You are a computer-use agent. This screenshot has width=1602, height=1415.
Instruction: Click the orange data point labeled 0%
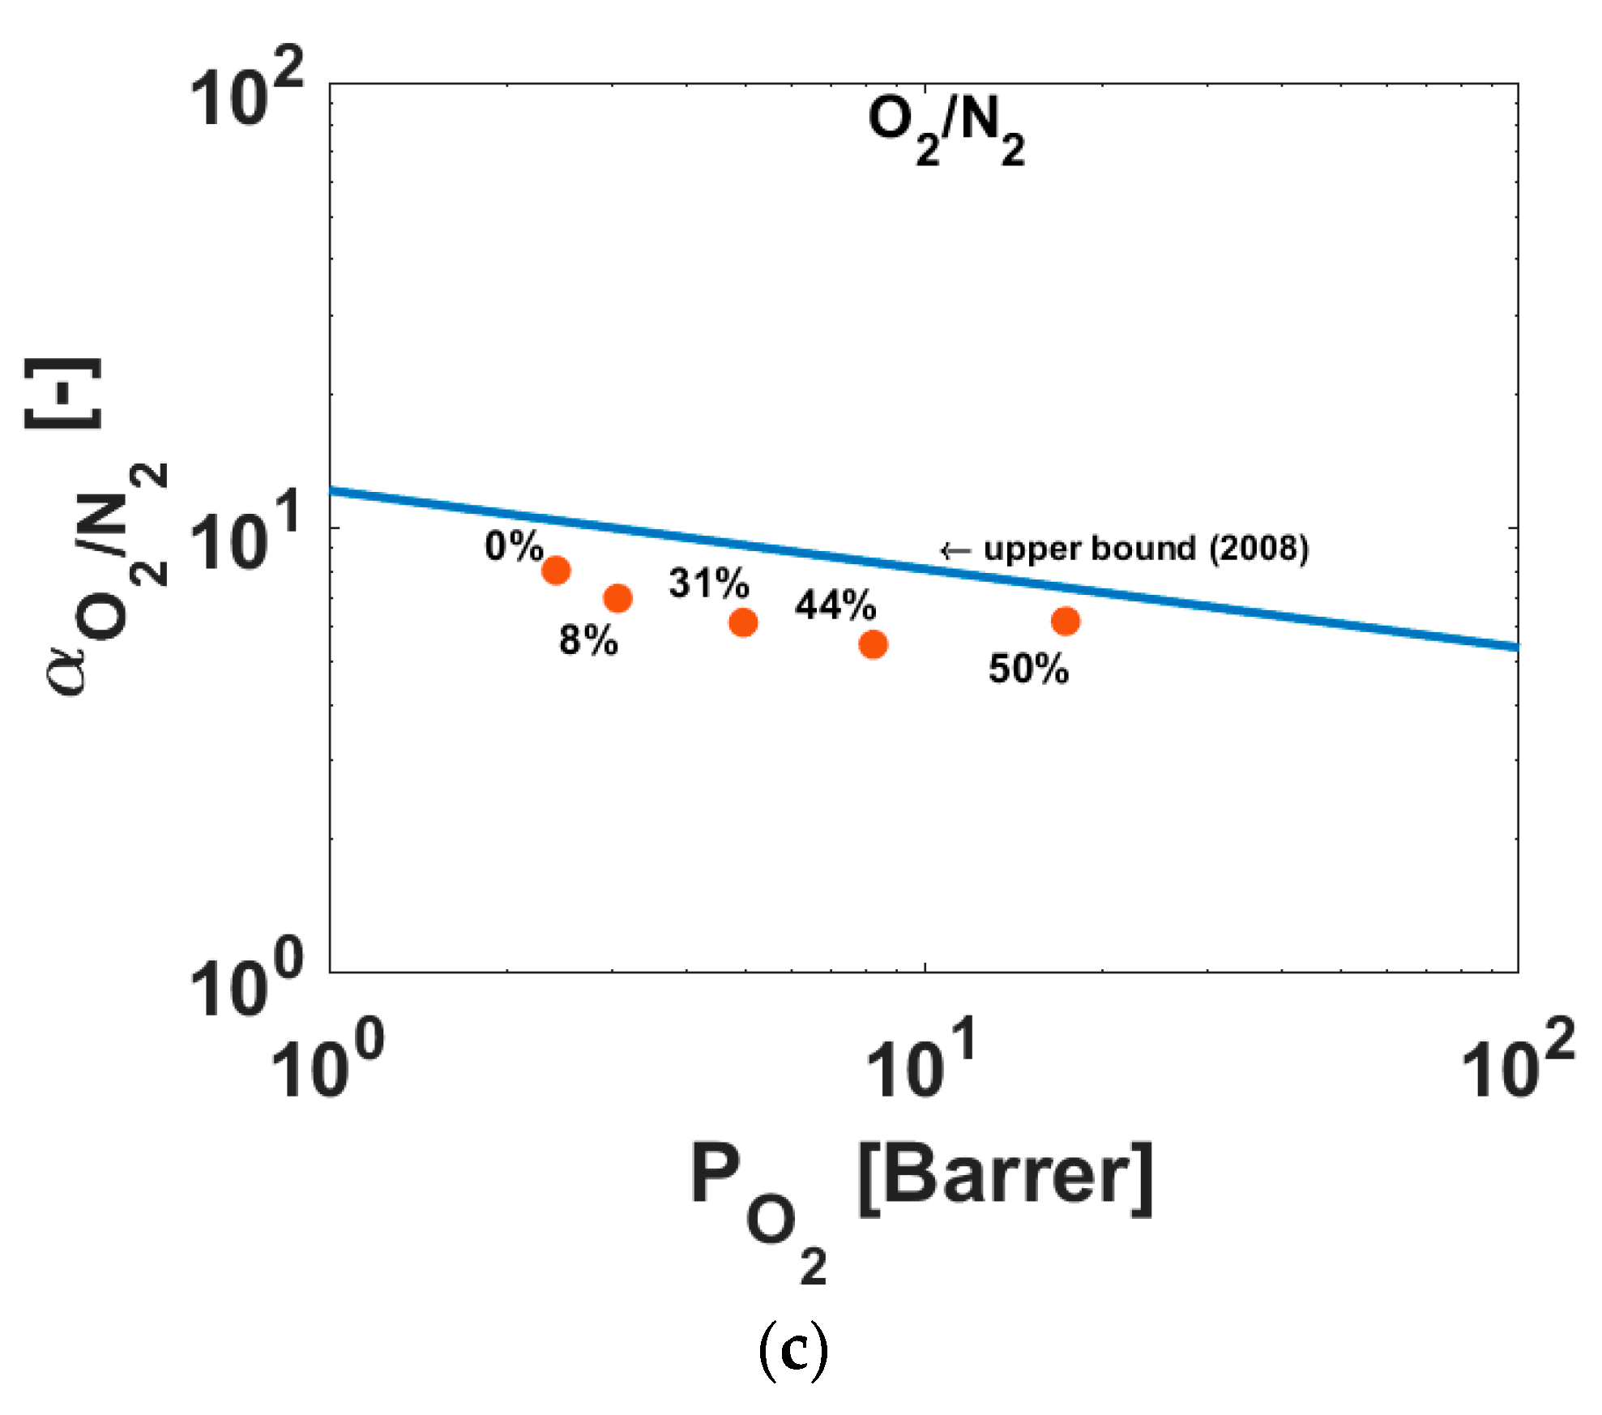pyautogui.click(x=556, y=571)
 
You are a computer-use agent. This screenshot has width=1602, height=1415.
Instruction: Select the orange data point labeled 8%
pyautogui.click(x=617, y=598)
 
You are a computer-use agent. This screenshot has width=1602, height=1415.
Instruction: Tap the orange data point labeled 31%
pyautogui.click(x=743, y=622)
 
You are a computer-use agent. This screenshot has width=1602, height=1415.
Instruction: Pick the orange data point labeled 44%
pyautogui.click(x=873, y=644)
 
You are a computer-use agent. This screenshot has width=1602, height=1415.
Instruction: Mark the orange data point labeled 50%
pyautogui.click(x=1066, y=621)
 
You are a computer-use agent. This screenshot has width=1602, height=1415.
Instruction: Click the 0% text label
pyautogui.click(x=514, y=546)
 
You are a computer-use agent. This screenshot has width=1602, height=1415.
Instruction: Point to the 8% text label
pyautogui.click(x=588, y=640)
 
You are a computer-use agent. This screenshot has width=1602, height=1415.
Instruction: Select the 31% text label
pyautogui.click(x=708, y=583)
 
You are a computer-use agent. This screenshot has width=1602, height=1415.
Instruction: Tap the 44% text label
pyautogui.click(x=835, y=605)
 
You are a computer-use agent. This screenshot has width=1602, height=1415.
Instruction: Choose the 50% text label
pyautogui.click(x=1028, y=669)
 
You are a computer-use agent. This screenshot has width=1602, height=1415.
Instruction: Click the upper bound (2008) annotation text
pyautogui.click(x=1146, y=549)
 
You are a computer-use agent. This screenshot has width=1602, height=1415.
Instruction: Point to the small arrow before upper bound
pyautogui.click(x=955, y=551)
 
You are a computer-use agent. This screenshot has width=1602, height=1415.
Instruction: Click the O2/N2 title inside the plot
pyautogui.click(x=946, y=130)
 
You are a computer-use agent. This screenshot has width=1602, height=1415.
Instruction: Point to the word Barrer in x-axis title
pyautogui.click(x=1005, y=1178)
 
